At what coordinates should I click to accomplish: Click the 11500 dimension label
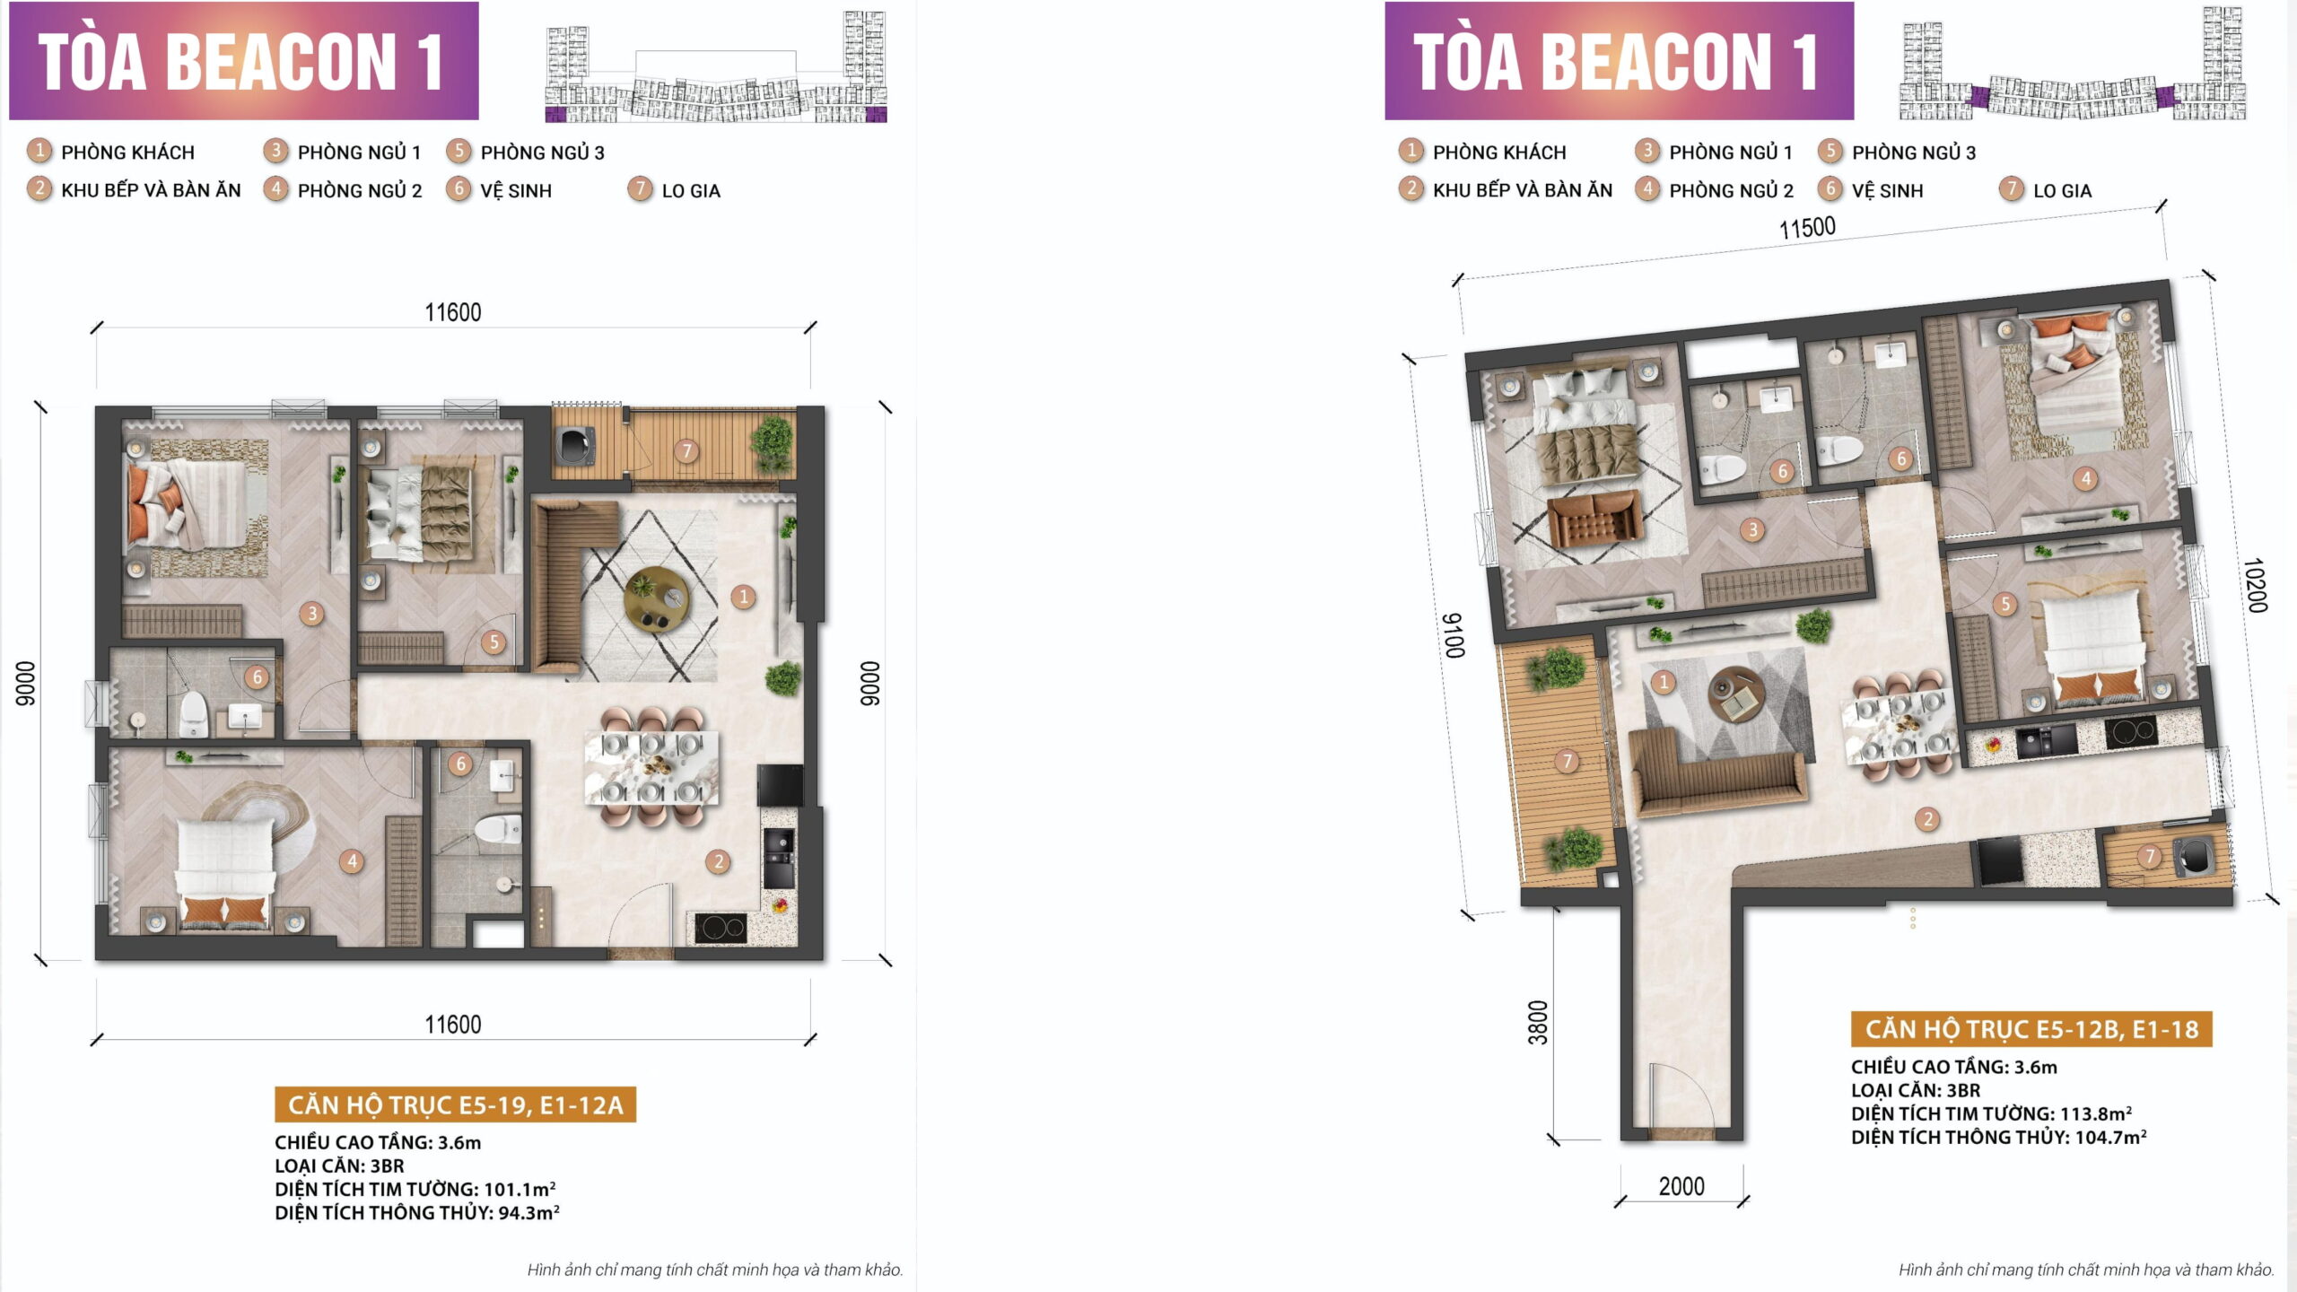point(1807,228)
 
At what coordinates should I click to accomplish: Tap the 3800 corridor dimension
point(1538,1022)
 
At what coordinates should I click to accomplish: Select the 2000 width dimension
point(1681,1186)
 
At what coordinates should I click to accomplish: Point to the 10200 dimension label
point(2255,586)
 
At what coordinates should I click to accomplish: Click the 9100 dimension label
point(1454,635)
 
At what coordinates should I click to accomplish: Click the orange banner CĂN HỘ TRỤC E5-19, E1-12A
point(455,1104)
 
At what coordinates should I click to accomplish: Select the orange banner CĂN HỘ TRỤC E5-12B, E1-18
point(2031,1029)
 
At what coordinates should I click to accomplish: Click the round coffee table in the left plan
point(657,598)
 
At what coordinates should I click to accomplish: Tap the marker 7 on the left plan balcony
point(686,450)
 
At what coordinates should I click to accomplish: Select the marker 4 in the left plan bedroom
point(352,861)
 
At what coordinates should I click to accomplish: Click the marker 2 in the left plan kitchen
point(718,862)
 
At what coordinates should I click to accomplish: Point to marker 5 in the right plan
point(2005,604)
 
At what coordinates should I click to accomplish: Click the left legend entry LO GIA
point(690,190)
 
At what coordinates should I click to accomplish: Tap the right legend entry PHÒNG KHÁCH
point(1498,153)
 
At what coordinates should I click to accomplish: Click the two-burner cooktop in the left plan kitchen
point(721,929)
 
